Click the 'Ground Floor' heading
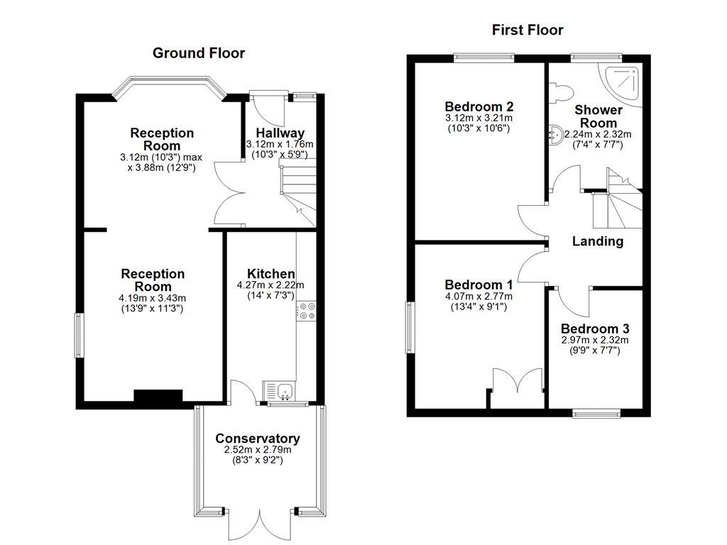(199, 53)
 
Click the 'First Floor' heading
(528, 30)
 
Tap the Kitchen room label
(270, 274)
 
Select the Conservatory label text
(258, 439)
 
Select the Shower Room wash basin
(557, 133)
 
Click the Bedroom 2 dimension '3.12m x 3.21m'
(479, 118)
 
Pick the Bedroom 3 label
(595, 329)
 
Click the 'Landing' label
(598, 241)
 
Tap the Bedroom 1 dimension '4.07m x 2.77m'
(479, 297)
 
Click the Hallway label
(280, 133)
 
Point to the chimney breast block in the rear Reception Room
(158, 397)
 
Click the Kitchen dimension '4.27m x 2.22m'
(270, 285)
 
